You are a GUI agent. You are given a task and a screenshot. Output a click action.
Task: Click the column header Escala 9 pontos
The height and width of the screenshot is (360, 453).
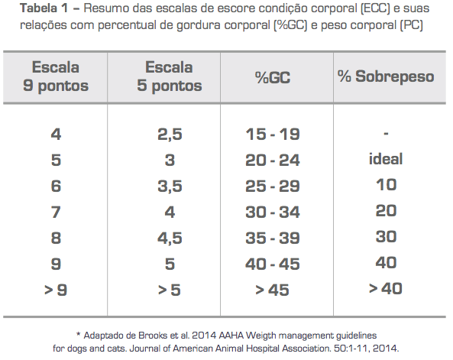[56, 76]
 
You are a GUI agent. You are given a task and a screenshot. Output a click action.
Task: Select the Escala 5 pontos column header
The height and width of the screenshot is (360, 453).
[170, 76]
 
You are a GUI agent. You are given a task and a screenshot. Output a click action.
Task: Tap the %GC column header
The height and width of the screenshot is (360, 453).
[273, 77]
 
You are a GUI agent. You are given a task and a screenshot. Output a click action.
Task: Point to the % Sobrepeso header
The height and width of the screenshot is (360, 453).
[386, 76]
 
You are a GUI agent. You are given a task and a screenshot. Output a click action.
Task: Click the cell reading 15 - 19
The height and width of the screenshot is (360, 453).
[273, 135]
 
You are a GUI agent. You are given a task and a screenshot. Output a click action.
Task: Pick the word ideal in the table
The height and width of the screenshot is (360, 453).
[386, 159]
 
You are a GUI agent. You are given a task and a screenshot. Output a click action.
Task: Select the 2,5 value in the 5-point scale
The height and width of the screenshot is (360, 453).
[170, 135]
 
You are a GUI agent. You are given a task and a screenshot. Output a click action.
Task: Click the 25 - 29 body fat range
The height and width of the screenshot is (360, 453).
[273, 186]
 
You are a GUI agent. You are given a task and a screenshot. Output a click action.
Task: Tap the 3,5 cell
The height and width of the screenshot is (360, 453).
[170, 186]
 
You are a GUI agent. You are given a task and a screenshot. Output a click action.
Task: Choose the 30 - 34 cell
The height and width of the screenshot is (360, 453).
[273, 212]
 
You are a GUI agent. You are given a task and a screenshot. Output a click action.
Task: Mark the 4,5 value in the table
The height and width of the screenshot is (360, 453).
[170, 238]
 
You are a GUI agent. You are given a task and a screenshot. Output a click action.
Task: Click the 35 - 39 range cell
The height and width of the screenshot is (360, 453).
[273, 238]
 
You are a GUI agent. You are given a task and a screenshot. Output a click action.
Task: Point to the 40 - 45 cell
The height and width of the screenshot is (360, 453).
[273, 264]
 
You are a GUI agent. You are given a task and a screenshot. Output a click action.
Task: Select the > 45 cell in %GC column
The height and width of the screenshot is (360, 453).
[272, 290]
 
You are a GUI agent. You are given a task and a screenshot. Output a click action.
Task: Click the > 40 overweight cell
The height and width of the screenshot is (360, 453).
[386, 288]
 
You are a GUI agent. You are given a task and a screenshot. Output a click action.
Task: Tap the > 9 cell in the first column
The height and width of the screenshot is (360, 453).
[56, 290]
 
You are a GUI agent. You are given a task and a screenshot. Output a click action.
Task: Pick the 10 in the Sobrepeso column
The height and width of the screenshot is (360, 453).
[387, 184]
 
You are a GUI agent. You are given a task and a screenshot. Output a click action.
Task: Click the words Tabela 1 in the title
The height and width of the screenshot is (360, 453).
[44, 8]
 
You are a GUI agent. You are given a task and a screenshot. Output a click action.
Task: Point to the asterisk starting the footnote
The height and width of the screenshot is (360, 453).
[78, 335]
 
